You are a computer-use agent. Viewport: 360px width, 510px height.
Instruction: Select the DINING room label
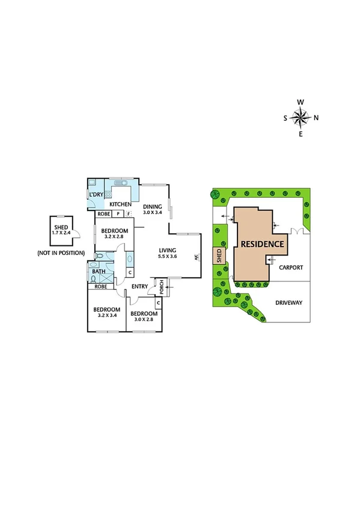click(153, 206)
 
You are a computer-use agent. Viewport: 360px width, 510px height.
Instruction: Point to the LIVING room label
click(168, 250)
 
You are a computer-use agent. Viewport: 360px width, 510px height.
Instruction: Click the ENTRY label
click(140, 286)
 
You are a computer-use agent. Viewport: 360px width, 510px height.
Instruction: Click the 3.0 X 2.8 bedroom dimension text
click(144, 321)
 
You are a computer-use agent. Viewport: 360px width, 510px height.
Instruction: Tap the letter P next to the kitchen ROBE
click(118, 214)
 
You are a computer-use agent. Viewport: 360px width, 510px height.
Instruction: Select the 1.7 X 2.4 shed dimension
click(61, 232)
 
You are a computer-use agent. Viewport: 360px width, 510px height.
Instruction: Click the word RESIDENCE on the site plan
click(262, 244)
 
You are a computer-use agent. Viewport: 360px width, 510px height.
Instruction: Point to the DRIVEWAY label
click(290, 303)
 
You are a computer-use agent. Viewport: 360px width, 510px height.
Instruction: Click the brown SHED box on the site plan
click(219, 257)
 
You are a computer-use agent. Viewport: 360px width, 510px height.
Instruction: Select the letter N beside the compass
click(316, 117)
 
